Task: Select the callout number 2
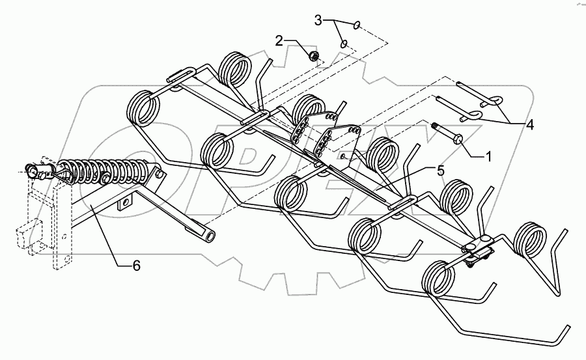(279, 41)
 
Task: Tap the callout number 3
(319, 21)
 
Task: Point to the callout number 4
(530, 124)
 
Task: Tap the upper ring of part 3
(357, 25)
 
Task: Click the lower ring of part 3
(344, 44)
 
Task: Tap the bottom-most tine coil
(439, 280)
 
